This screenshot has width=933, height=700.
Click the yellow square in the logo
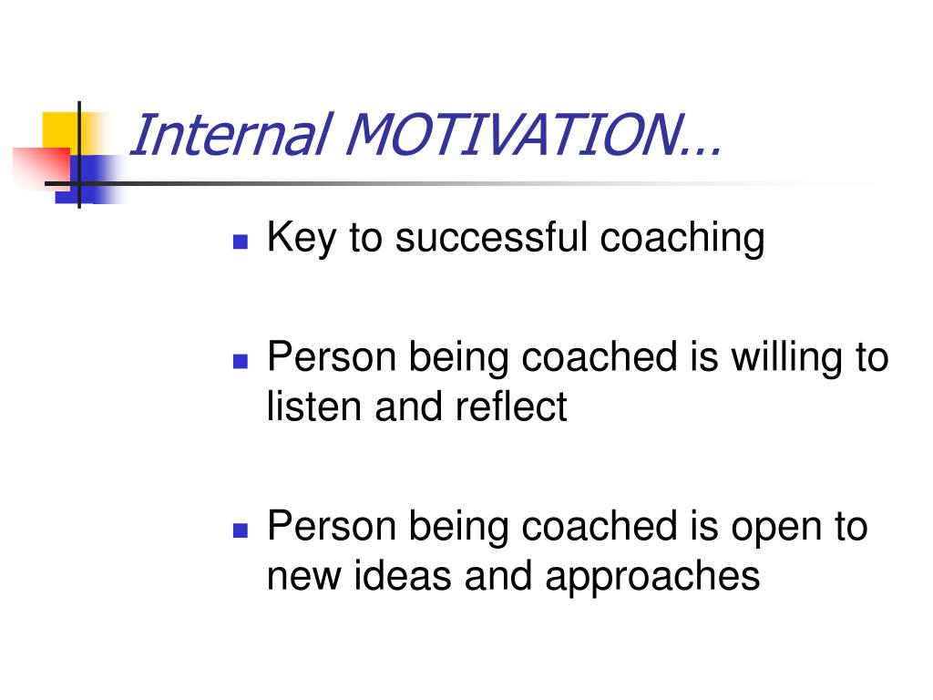coord(60,132)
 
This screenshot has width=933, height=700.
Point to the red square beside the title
coord(42,168)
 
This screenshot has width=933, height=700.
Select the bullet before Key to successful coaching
coord(241,241)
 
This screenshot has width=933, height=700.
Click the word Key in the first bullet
coord(301,238)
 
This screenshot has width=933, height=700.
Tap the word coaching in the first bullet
coord(682,238)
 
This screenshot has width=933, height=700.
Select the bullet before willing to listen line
coord(241,361)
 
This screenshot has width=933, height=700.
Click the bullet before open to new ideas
coord(241,530)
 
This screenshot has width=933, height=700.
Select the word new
coord(303,577)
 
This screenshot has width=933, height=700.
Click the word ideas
coord(402,575)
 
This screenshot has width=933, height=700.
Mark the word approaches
coord(652,577)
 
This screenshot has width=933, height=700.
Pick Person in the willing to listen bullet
coord(332,356)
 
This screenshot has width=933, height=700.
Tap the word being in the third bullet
coord(458,528)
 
